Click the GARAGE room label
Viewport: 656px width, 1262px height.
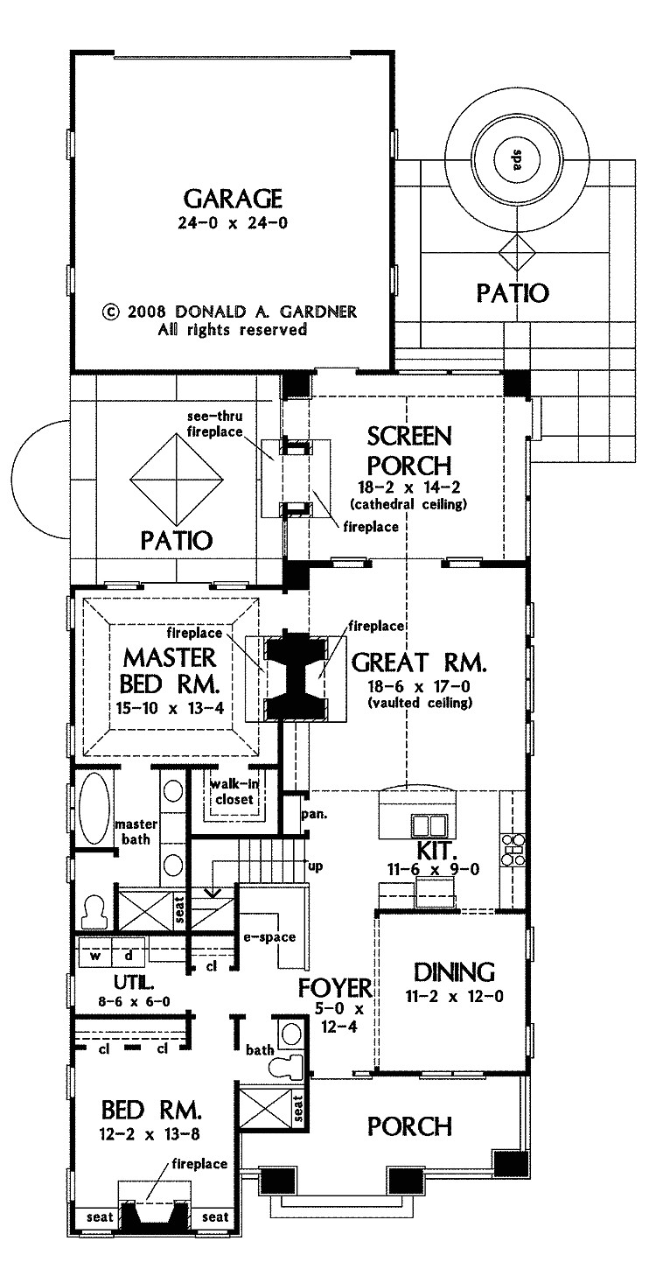click(x=232, y=197)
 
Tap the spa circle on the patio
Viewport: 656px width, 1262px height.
click(x=515, y=160)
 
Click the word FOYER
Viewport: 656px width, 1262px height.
click(x=335, y=989)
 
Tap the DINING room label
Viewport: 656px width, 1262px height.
click(x=455, y=971)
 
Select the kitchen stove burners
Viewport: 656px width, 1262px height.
click(x=513, y=848)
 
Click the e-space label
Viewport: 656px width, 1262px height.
click(x=269, y=937)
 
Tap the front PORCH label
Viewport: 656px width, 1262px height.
click(x=409, y=1125)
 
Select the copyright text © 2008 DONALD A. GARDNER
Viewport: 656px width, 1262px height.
click(x=230, y=312)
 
